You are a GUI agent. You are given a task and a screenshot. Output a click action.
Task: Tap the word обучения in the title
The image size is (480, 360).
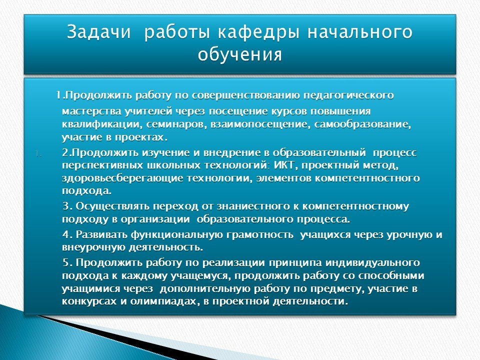pyautogui.click(x=239, y=55)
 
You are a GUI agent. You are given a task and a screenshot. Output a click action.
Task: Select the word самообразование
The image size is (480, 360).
pyautogui.click(x=362, y=124)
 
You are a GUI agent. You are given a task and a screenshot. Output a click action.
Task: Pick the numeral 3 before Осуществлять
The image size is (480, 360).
pyautogui.click(x=66, y=206)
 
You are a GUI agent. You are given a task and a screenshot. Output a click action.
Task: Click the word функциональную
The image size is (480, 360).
pyautogui.click(x=177, y=235)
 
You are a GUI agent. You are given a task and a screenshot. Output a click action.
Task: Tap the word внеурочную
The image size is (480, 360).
pyautogui.click(x=93, y=247)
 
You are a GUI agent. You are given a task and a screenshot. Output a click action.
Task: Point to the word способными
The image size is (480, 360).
pyautogui.click(x=391, y=275)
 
